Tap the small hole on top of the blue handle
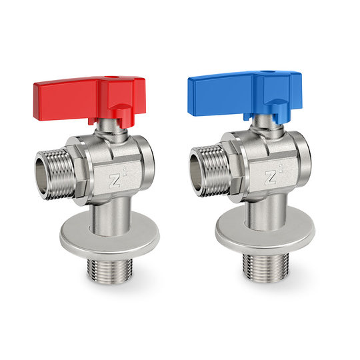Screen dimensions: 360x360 pos(267,73)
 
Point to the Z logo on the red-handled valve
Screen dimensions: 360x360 pos(115,180)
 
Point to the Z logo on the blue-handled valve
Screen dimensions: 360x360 pos(271,177)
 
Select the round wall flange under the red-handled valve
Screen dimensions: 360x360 pos(110,233)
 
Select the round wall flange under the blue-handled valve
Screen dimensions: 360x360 pos(265,230)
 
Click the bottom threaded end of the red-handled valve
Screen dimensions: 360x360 pos(110,271)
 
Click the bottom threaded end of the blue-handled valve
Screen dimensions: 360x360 pos(266,267)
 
